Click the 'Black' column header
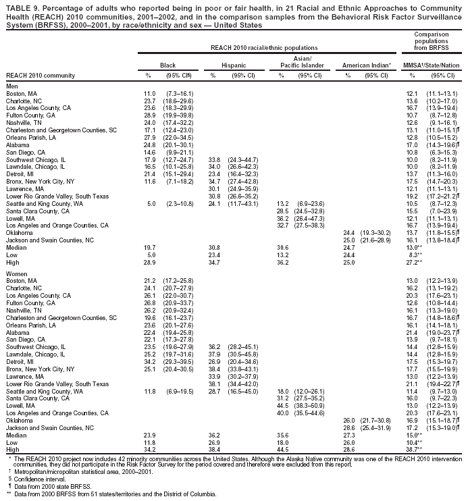[167, 64]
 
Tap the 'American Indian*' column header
[367, 64]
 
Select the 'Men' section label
[11, 86]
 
